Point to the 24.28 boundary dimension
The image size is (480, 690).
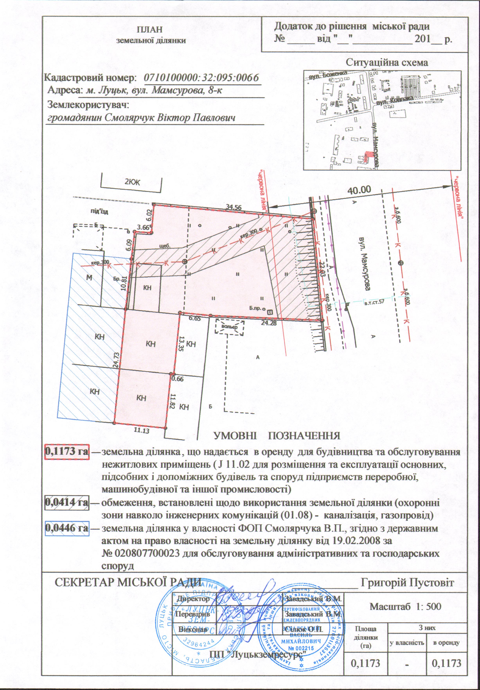coord(269,323)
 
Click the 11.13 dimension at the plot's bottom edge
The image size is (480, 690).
coord(142,430)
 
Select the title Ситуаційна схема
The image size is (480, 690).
coord(387,63)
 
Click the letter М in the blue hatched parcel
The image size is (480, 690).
coord(89,277)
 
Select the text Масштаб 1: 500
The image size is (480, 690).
coord(405,606)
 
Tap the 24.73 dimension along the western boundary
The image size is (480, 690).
coord(117,360)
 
